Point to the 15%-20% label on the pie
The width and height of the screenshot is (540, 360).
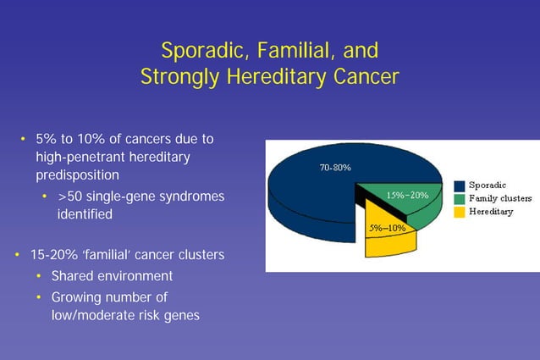click(x=407, y=196)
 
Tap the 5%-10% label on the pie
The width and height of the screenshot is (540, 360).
click(x=387, y=228)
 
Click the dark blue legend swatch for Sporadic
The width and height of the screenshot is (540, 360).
click(x=459, y=185)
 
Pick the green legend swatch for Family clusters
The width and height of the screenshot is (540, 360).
click(x=459, y=198)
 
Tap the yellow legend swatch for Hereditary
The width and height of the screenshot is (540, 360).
click(x=459, y=212)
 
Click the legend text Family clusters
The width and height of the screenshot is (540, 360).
click(x=499, y=198)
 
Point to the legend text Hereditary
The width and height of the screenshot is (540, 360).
click(x=491, y=212)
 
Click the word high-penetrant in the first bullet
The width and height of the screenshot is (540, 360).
click(x=83, y=157)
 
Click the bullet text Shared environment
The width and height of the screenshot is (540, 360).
click(x=112, y=276)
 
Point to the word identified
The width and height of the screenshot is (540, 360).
click(x=84, y=214)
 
